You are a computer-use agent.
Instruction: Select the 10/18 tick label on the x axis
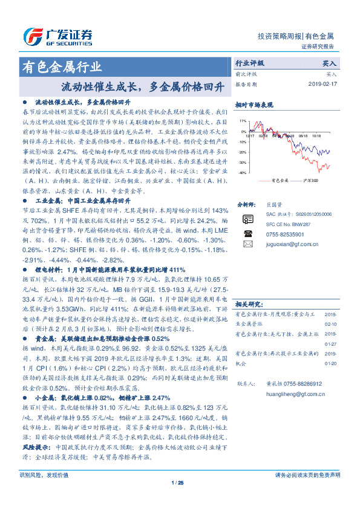[316, 136]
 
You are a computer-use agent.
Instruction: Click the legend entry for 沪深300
[310, 181]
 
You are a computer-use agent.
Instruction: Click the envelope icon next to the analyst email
[247, 244]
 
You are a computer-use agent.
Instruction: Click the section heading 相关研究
[248, 303]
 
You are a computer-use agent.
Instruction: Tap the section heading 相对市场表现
[252, 104]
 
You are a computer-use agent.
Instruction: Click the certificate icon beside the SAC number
[247, 218]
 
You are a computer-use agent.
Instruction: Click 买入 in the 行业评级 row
[330, 63]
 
